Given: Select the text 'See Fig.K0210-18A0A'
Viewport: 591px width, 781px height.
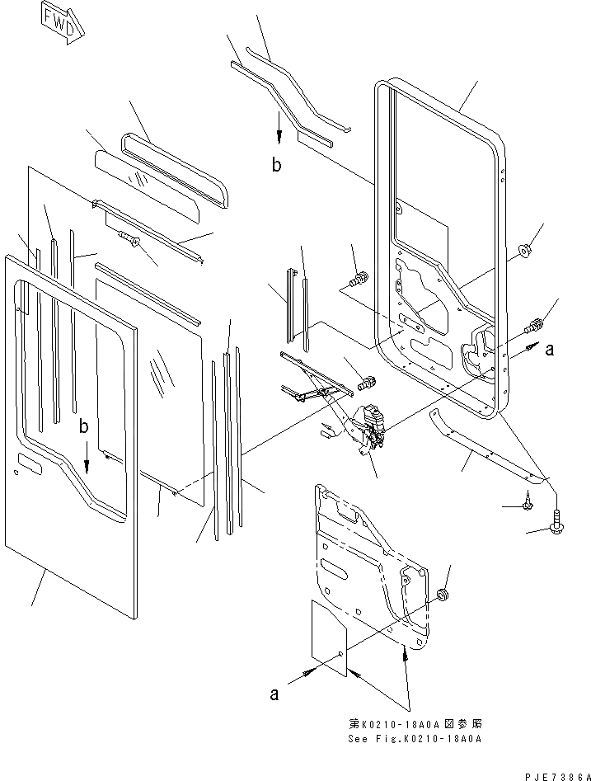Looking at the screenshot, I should [415, 738].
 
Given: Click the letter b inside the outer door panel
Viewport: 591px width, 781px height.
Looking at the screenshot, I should [83, 427].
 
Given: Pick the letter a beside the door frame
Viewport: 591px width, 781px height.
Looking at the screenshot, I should [548, 349].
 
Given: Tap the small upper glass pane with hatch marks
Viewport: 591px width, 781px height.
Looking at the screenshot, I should [149, 186].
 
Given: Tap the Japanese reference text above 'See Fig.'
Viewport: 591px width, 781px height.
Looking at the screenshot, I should [414, 722].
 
